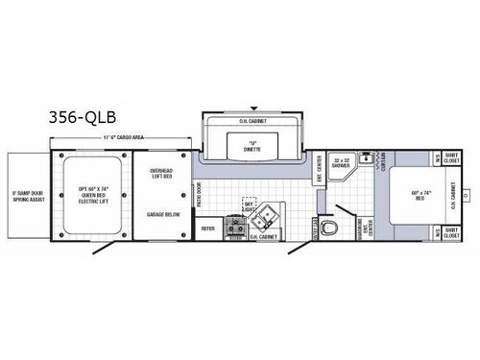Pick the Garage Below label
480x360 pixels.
(161, 216)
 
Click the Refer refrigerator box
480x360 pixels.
(207, 228)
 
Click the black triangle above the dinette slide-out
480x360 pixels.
(252, 108)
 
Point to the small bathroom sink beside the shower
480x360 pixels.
(363, 166)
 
